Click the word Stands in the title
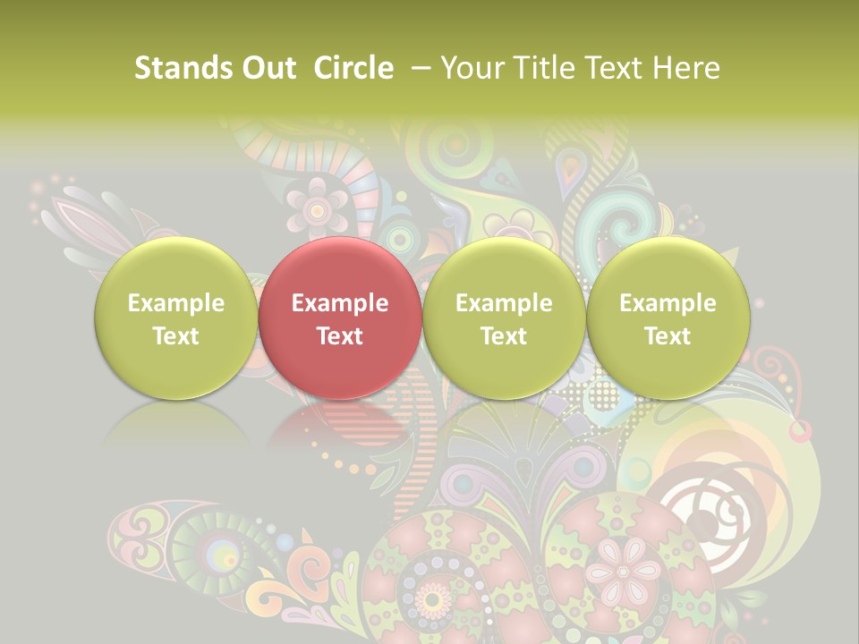tap(176, 68)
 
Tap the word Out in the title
tap(266, 68)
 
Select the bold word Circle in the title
tap(353, 68)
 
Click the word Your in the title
tap(472, 68)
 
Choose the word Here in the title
tap(687, 68)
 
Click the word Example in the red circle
tap(340, 303)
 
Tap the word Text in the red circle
tap(340, 336)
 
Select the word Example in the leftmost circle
tap(175, 303)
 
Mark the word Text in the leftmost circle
tap(175, 336)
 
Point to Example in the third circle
tap(504, 303)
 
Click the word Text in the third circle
tap(504, 336)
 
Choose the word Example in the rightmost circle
tap(668, 303)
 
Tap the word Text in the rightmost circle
tap(668, 336)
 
